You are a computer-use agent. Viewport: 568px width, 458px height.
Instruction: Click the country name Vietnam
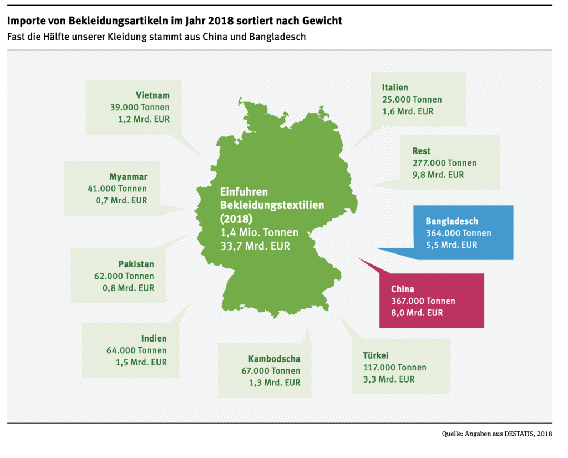pos(153,95)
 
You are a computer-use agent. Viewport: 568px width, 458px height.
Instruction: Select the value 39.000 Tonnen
pos(140,107)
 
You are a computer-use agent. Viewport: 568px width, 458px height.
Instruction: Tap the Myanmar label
pos(128,176)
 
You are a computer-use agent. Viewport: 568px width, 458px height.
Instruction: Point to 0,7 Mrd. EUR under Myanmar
pos(121,200)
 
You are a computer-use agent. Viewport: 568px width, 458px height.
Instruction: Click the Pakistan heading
pos(136,264)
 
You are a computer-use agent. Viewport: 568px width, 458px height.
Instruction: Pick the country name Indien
pos(154,338)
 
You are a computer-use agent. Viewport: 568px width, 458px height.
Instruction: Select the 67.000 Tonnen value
pos(271,371)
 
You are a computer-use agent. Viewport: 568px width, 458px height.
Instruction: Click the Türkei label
pos(376,355)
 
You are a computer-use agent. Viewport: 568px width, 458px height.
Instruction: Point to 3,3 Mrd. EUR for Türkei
pos(389,379)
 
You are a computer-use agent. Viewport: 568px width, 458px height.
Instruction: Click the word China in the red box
pos(402,289)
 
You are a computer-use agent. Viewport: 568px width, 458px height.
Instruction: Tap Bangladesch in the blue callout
pos(452,221)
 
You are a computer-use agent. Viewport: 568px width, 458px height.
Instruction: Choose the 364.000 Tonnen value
pos(458,233)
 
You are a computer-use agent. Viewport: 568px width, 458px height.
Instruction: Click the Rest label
pos(421,151)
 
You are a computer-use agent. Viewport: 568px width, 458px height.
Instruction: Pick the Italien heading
pos(395,87)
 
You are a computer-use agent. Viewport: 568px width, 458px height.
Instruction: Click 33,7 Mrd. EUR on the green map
pos(255,246)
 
